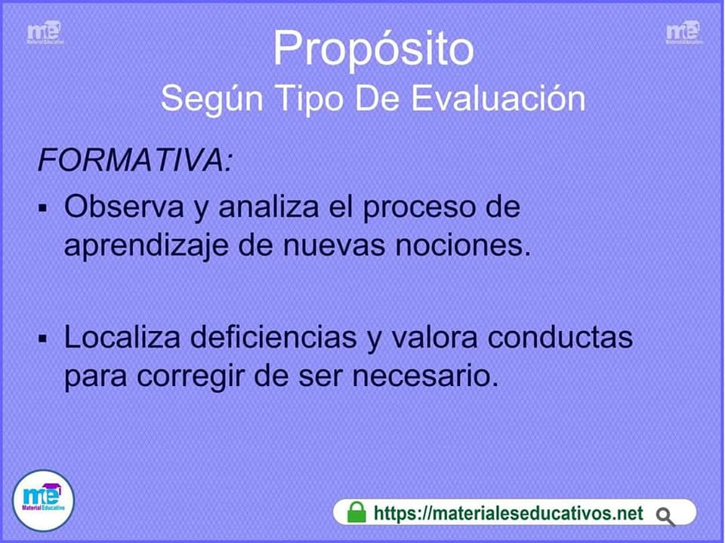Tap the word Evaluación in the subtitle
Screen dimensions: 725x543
498,98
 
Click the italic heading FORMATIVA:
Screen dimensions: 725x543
134,160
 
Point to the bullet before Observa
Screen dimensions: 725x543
44,208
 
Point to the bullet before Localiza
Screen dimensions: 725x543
44,339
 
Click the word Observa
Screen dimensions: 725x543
124,207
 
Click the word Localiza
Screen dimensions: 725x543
122,337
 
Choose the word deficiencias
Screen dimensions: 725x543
273,337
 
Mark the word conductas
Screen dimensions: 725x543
560,337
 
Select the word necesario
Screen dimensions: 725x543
425,376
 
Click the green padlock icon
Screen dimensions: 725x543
356,512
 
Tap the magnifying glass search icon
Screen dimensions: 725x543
665,517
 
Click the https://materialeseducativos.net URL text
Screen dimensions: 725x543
508,513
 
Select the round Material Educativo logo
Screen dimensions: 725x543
43,501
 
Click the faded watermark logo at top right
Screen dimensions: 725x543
683,32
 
